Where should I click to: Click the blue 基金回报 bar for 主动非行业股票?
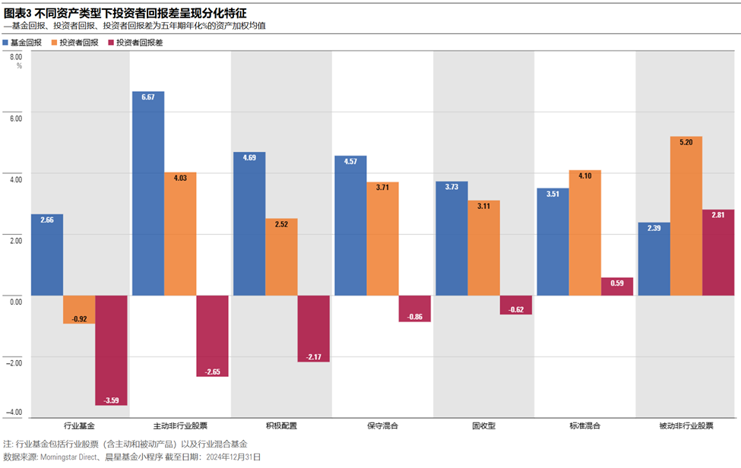(x=148, y=194)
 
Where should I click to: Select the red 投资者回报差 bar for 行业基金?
(x=111, y=349)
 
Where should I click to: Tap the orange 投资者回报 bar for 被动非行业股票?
(x=686, y=217)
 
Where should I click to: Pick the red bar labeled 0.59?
(x=617, y=286)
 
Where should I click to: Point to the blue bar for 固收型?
(x=451, y=239)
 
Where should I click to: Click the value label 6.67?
(x=148, y=97)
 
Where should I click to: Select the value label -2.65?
(x=212, y=371)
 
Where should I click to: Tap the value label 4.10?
(x=585, y=176)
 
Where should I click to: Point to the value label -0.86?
(x=414, y=316)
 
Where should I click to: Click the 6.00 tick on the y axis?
(x=16, y=117)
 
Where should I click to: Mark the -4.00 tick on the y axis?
(x=14, y=412)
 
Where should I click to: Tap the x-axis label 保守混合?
(x=382, y=426)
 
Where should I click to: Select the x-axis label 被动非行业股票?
(x=686, y=426)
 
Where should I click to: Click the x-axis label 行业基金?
(x=80, y=426)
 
